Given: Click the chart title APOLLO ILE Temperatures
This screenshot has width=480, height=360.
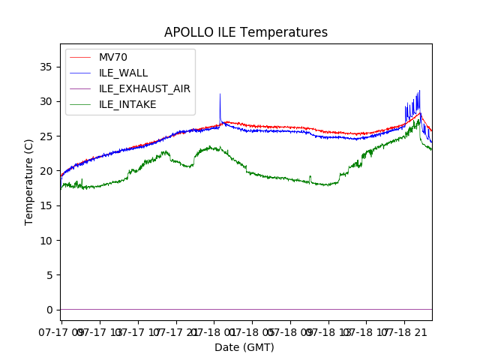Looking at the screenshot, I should click(246, 33).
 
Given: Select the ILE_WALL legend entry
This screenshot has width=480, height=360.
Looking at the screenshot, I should click(123, 73).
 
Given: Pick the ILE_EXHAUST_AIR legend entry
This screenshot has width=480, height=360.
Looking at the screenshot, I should click(144, 88).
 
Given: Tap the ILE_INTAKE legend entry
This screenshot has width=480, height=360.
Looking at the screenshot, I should click(127, 104).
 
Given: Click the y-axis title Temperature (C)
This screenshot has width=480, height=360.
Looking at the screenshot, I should click(29, 181).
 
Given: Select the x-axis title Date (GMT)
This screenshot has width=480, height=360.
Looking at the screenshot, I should click(244, 347).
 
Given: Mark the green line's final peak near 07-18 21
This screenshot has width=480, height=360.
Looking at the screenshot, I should click(418, 120).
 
